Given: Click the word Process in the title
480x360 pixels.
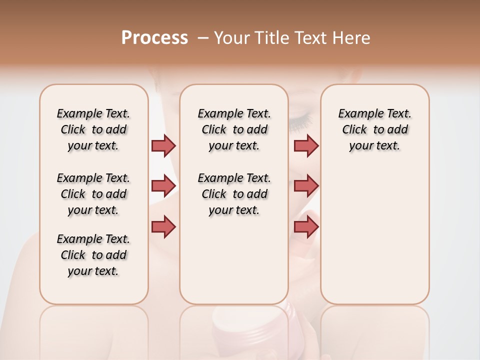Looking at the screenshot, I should click(x=154, y=38).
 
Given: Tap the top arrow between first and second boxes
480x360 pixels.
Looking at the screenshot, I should click(x=163, y=145).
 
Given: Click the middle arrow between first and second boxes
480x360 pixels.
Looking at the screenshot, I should click(x=163, y=186).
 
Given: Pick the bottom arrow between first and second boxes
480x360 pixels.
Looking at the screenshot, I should click(x=163, y=226).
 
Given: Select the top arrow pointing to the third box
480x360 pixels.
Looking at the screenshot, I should click(x=306, y=145).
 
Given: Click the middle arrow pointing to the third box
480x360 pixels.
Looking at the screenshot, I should click(x=306, y=186).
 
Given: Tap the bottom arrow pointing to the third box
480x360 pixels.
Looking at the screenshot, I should click(x=306, y=227).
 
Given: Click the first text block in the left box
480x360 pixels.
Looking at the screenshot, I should click(x=93, y=129).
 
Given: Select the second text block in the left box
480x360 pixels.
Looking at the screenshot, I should click(x=93, y=194).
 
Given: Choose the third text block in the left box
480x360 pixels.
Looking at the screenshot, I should click(x=93, y=255).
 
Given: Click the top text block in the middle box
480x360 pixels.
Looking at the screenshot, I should click(x=234, y=129).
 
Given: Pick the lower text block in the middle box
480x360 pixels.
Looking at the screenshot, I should click(x=234, y=194).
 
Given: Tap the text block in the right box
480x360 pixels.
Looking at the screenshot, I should click(x=375, y=129).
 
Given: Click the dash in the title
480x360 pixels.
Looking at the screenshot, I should click(x=203, y=38).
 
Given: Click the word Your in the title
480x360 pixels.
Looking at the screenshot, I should click(x=230, y=38).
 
